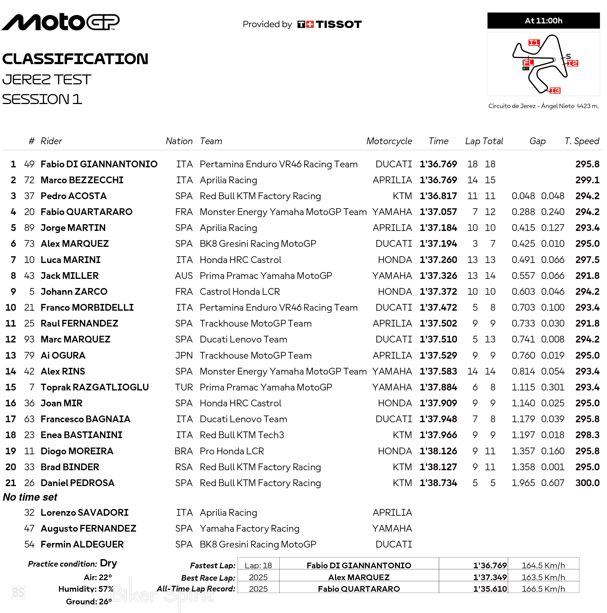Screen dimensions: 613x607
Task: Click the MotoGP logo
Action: [x=60, y=22]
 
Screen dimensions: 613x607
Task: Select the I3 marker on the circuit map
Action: [x=555, y=91]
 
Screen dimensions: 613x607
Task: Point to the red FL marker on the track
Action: [x=528, y=63]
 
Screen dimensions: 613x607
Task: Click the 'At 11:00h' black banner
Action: [x=543, y=21]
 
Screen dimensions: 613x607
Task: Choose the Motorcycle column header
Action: [x=389, y=141]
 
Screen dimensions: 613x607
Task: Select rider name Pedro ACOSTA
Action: [x=74, y=196]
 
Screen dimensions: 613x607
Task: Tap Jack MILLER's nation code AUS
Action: [x=184, y=276]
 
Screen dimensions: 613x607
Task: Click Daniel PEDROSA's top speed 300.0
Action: [x=587, y=483]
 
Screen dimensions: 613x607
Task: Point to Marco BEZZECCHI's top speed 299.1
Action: [x=587, y=180]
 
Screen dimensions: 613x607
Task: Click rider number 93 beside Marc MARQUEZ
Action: [x=29, y=340]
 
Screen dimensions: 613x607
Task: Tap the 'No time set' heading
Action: [x=30, y=497]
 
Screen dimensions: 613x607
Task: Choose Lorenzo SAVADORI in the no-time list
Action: [x=84, y=513]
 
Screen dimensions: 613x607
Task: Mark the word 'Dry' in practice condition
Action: [x=109, y=563]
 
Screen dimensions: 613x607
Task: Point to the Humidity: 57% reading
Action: [x=86, y=589]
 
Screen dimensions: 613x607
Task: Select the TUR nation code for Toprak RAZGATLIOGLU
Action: [x=184, y=387]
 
